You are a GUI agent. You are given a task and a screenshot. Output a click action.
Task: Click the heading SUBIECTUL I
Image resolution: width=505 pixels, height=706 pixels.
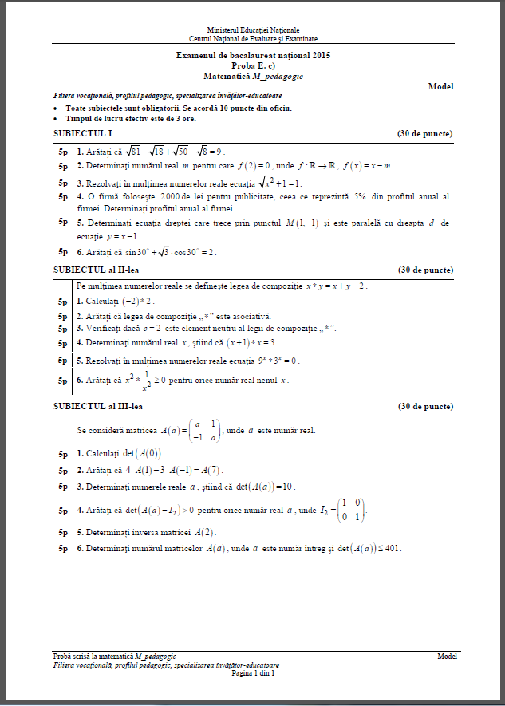(83, 133)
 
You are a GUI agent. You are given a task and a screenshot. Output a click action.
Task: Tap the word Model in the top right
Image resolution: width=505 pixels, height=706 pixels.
(440, 85)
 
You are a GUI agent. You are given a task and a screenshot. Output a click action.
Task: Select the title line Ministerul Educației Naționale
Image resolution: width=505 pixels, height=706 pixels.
(253, 30)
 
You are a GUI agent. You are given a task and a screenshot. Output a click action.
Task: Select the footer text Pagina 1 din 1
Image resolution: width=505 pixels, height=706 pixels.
(253, 672)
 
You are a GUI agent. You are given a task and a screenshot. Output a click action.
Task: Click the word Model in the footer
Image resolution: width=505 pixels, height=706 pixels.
(447, 656)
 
